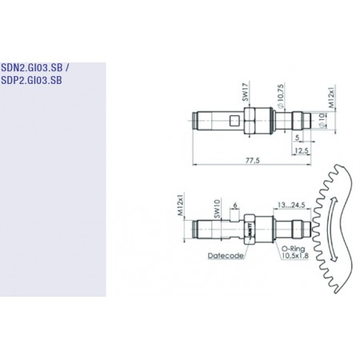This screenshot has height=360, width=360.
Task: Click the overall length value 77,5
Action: pyautogui.click(x=254, y=162)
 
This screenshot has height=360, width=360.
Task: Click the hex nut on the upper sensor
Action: pyautogui.click(x=250, y=122)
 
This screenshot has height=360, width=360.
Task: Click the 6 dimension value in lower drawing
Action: pyautogui.click(x=232, y=205)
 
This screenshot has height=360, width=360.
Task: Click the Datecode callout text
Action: pyautogui.click(x=225, y=257)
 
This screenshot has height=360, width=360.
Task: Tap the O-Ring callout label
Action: pyautogui.click(x=291, y=249)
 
